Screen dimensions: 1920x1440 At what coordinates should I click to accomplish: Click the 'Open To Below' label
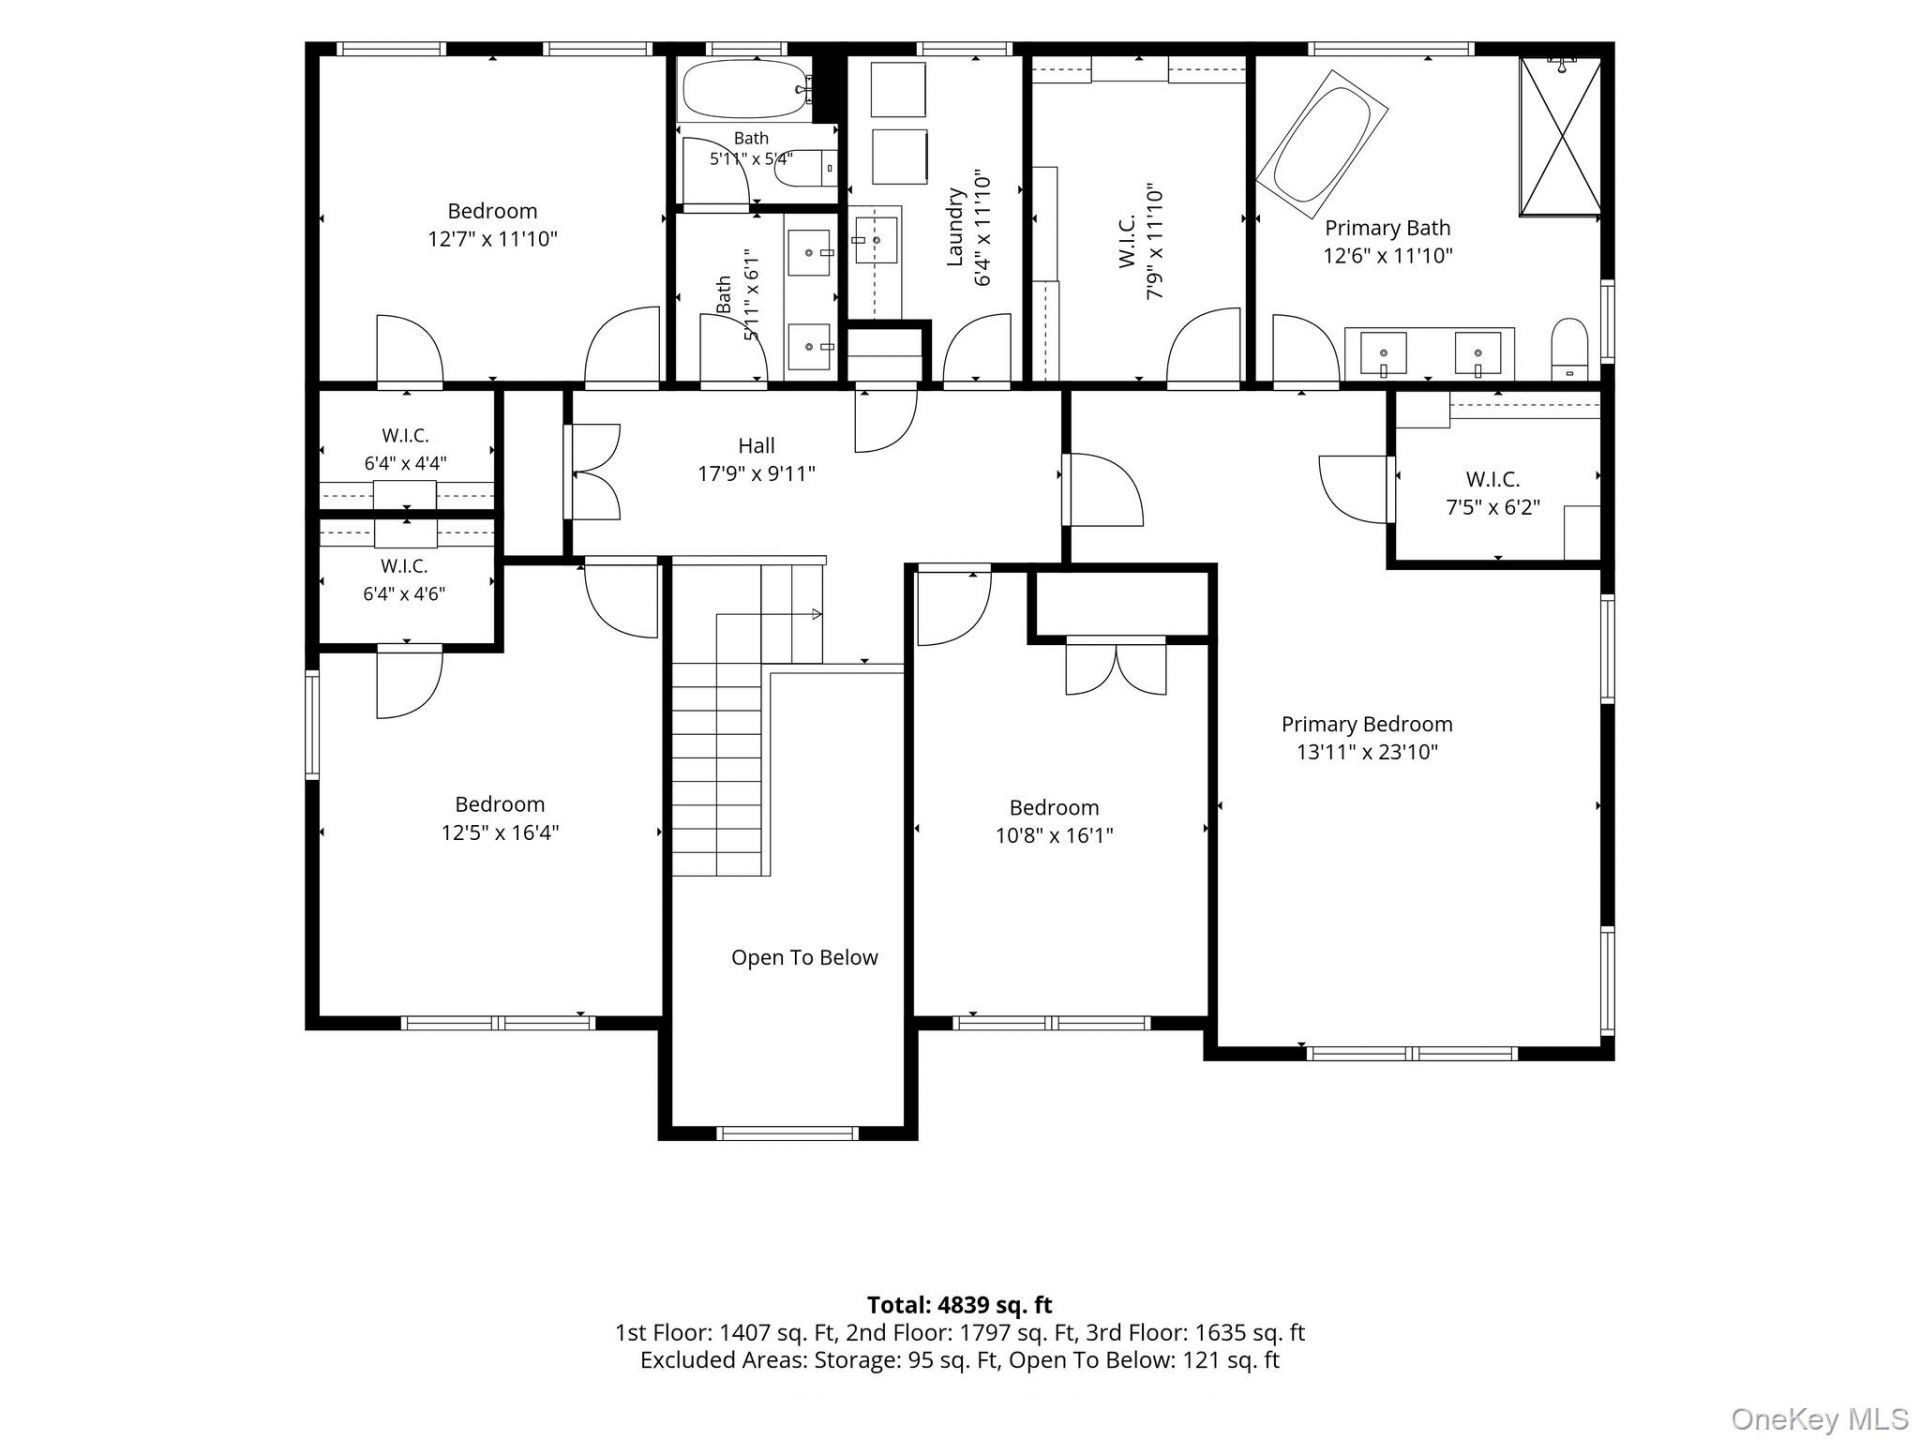[x=804, y=957]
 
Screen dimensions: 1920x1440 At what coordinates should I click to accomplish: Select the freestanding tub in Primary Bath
[x=1322, y=144]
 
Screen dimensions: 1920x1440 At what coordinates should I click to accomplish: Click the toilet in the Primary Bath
[x=1568, y=350]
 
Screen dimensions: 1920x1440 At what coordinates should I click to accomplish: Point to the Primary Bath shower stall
[x=1560, y=136]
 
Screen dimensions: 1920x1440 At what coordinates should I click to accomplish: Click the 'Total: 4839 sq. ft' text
[x=959, y=1304]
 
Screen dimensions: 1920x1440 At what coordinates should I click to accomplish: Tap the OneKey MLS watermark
[x=1819, y=1418]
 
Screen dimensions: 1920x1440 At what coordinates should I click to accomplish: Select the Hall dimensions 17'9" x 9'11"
[x=756, y=473]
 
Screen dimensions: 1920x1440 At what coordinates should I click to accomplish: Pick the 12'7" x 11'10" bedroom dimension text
[x=492, y=239]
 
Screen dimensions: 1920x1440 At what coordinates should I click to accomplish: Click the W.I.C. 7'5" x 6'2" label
[x=1493, y=493]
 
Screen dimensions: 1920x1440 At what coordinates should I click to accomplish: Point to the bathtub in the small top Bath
[x=746, y=90]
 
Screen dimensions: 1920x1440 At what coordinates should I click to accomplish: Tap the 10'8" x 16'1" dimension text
[x=1054, y=835]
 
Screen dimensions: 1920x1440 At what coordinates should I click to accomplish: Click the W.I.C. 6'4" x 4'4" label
[x=405, y=449]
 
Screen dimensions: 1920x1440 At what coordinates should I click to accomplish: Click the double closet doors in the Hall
[x=592, y=471]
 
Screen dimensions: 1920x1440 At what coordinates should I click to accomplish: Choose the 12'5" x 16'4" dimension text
[x=500, y=832]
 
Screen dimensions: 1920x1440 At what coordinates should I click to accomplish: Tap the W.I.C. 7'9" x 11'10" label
[x=1140, y=240]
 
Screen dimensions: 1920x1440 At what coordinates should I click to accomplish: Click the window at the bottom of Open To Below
[x=788, y=1133]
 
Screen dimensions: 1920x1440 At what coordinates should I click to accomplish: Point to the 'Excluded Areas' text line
[x=960, y=1360]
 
